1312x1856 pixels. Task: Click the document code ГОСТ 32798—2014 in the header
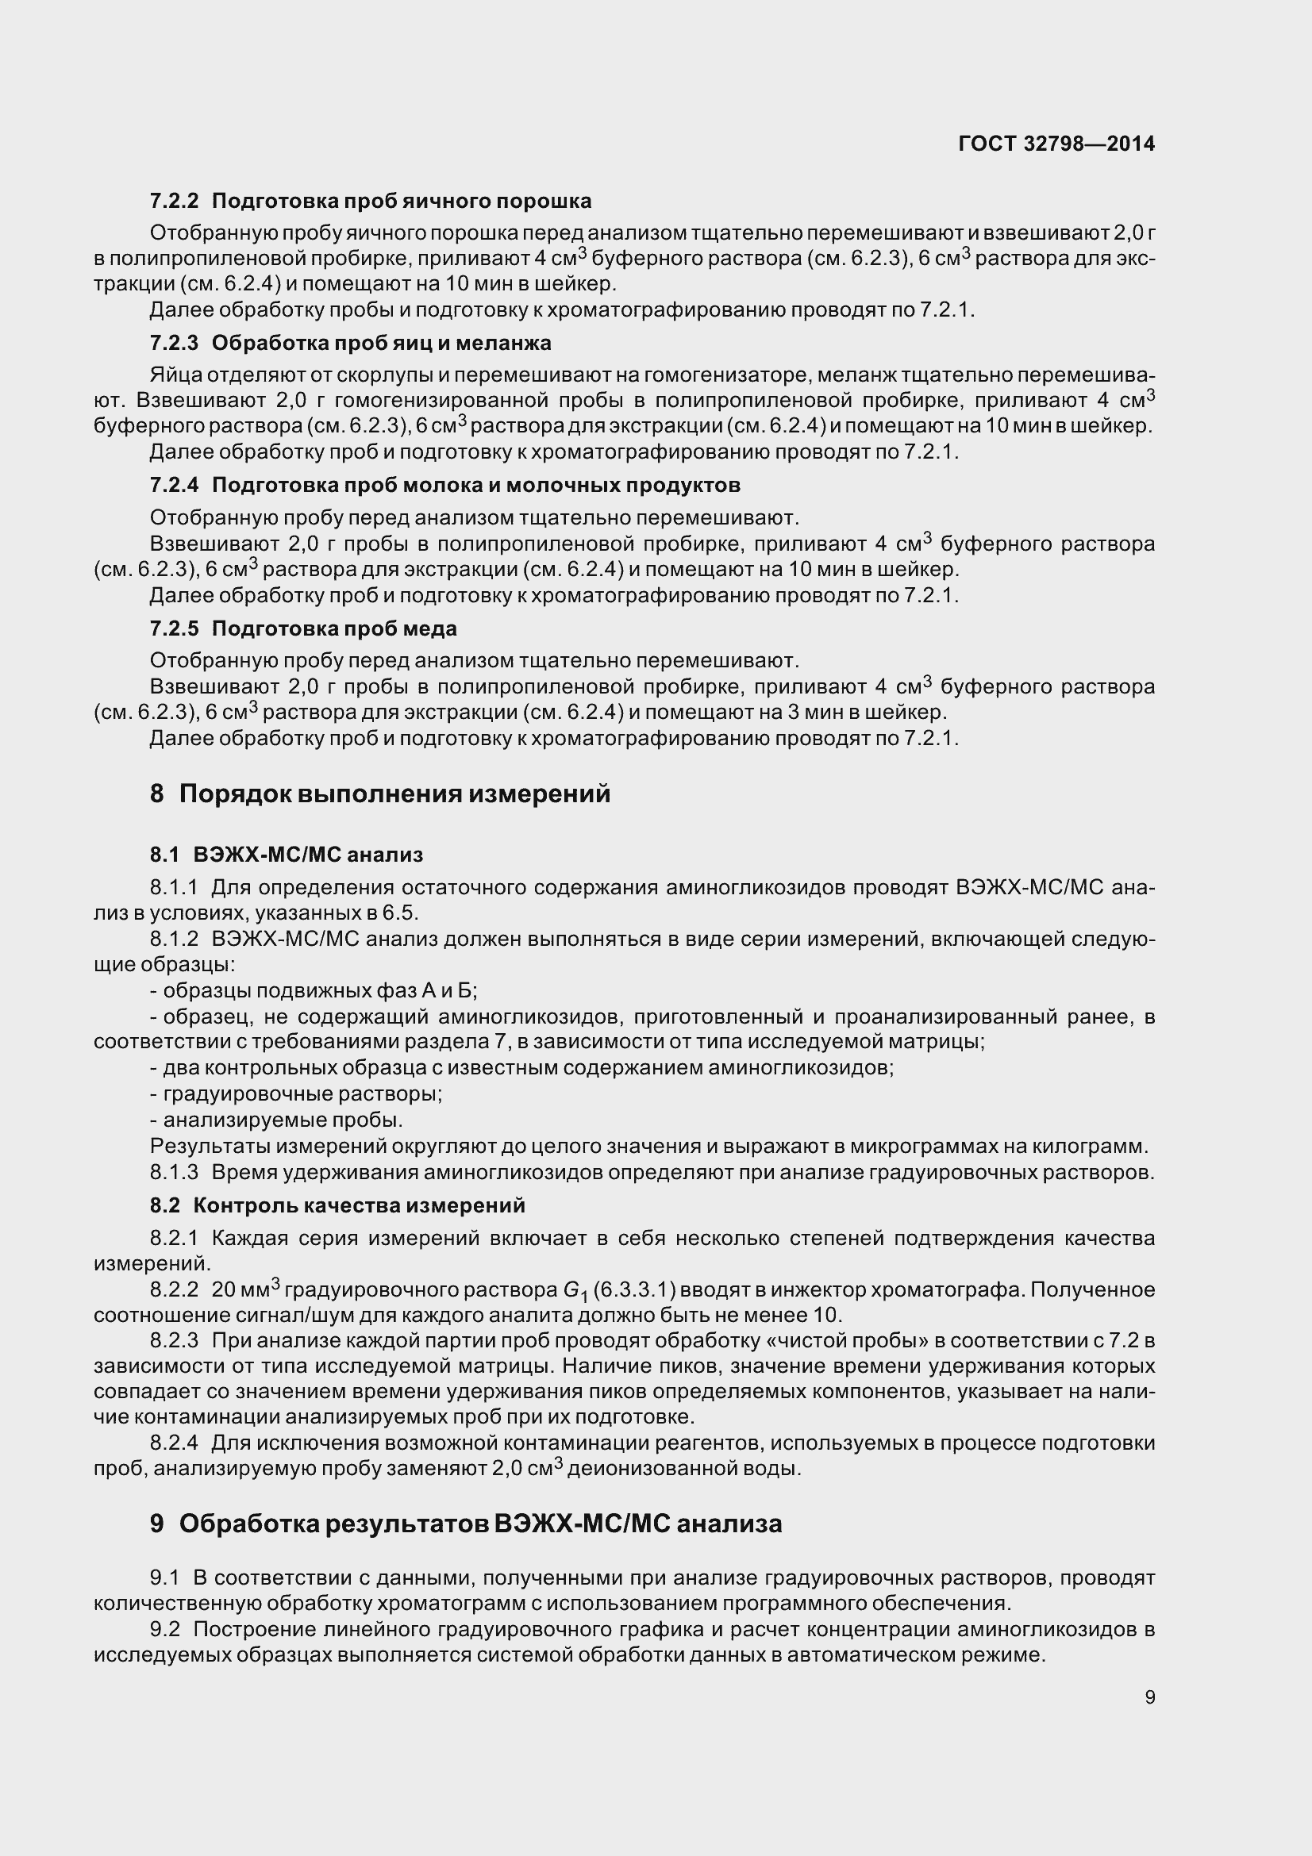coord(1056,144)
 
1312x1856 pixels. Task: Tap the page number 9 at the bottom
coord(1149,1697)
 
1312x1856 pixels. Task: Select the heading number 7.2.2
coord(174,201)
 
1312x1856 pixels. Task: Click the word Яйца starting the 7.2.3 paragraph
coord(175,375)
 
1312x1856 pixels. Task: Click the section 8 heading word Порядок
coord(234,794)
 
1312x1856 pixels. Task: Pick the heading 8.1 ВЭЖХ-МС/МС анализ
coord(287,855)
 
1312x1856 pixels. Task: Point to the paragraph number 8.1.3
coord(174,1172)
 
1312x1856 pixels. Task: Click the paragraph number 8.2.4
coord(174,1443)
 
